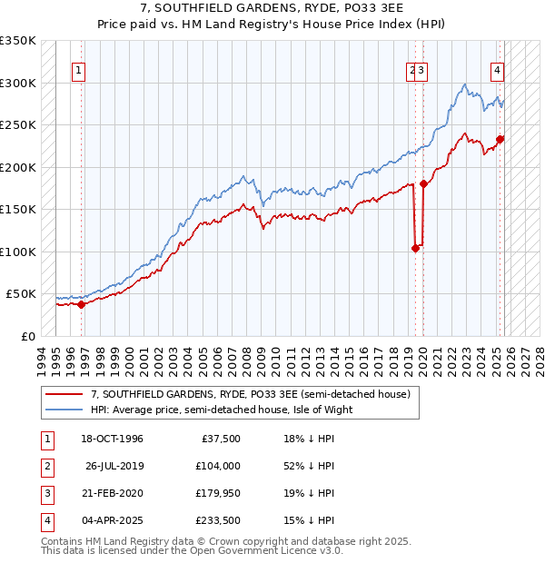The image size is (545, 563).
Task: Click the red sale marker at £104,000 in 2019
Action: (416, 248)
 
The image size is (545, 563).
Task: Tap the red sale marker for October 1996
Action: (82, 304)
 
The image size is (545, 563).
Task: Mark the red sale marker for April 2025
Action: (500, 139)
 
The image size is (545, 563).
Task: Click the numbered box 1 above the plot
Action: (79, 71)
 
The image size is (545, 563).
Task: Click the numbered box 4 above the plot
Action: (498, 71)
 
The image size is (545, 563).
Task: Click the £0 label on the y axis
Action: (27, 337)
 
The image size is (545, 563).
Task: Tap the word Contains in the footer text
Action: (63, 542)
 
